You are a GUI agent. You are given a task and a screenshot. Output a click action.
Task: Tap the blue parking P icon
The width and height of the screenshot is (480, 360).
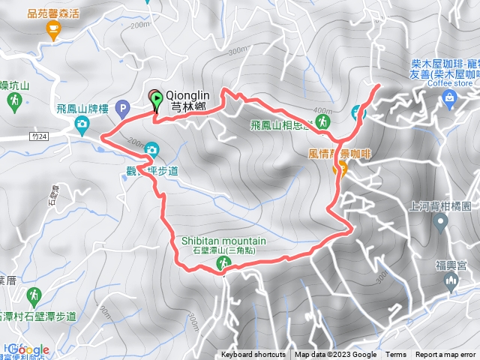(x=124, y=109)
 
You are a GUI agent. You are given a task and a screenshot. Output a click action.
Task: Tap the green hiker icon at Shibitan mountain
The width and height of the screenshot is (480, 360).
(x=223, y=262)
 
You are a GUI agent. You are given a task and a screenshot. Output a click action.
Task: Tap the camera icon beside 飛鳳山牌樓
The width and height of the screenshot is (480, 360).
(x=82, y=129)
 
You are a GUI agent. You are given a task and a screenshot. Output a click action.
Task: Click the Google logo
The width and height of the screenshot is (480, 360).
(x=28, y=349)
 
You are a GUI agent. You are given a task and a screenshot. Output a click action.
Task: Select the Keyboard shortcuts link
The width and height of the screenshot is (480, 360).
(x=253, y=355)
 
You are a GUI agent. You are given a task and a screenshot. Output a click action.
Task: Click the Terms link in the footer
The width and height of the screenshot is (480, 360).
(x=396, y=355)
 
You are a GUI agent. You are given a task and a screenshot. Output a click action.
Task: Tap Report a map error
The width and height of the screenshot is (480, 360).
(x=447, y=355)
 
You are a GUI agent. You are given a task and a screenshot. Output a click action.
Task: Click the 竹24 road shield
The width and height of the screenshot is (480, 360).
(x=40, y=136)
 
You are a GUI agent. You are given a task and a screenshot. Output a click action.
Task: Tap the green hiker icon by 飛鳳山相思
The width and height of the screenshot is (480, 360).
(x=322, y=121)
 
